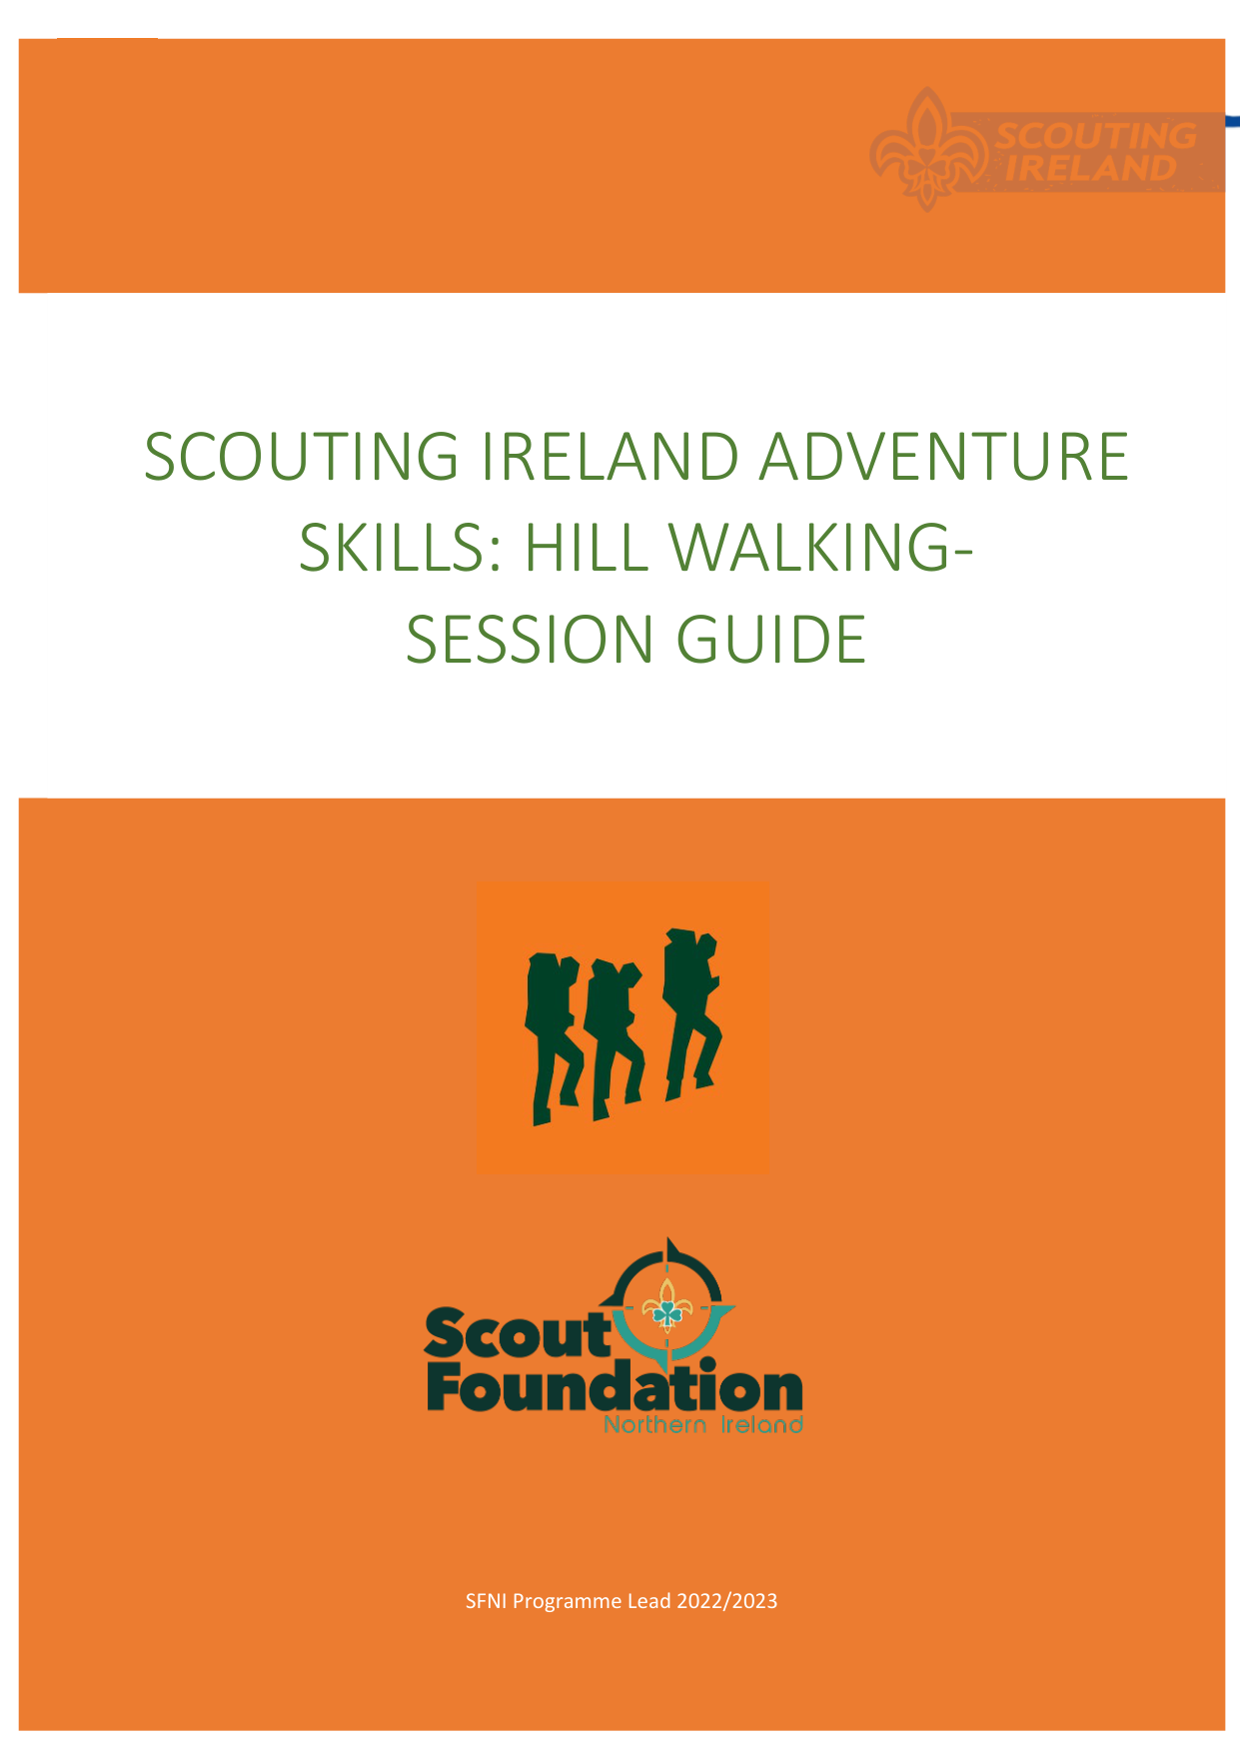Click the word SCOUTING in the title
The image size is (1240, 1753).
click(302, 457)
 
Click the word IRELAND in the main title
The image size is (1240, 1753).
click(610, 457)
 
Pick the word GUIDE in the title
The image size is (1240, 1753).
click(771, 640)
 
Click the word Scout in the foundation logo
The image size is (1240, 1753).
click(519, 1334)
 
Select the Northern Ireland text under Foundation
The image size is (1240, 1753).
click(703, 1424)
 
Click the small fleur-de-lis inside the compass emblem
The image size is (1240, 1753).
click(666, 1303)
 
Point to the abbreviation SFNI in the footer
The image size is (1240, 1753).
click(487, 1601)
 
